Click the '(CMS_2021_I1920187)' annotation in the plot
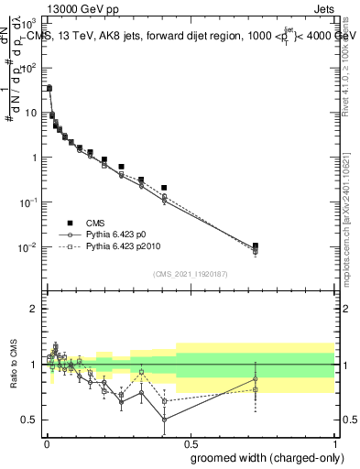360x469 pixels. pyautogui.click(x=190, y=273)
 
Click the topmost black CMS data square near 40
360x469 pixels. pyautogui.click(x=49, y=89)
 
